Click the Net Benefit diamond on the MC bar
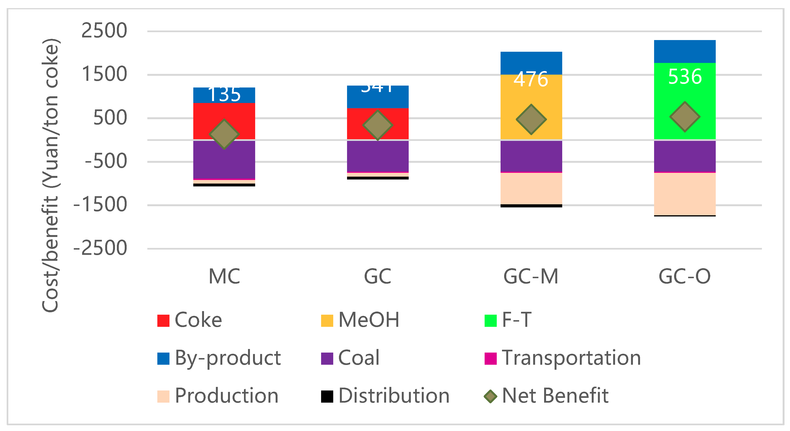click(224, 134)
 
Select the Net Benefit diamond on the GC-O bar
click(685, 117)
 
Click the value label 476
click(531, 79)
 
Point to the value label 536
click(685, 77)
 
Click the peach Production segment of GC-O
click(685, 194)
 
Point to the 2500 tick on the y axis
click(104, 31)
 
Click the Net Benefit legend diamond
click(490, 396)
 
